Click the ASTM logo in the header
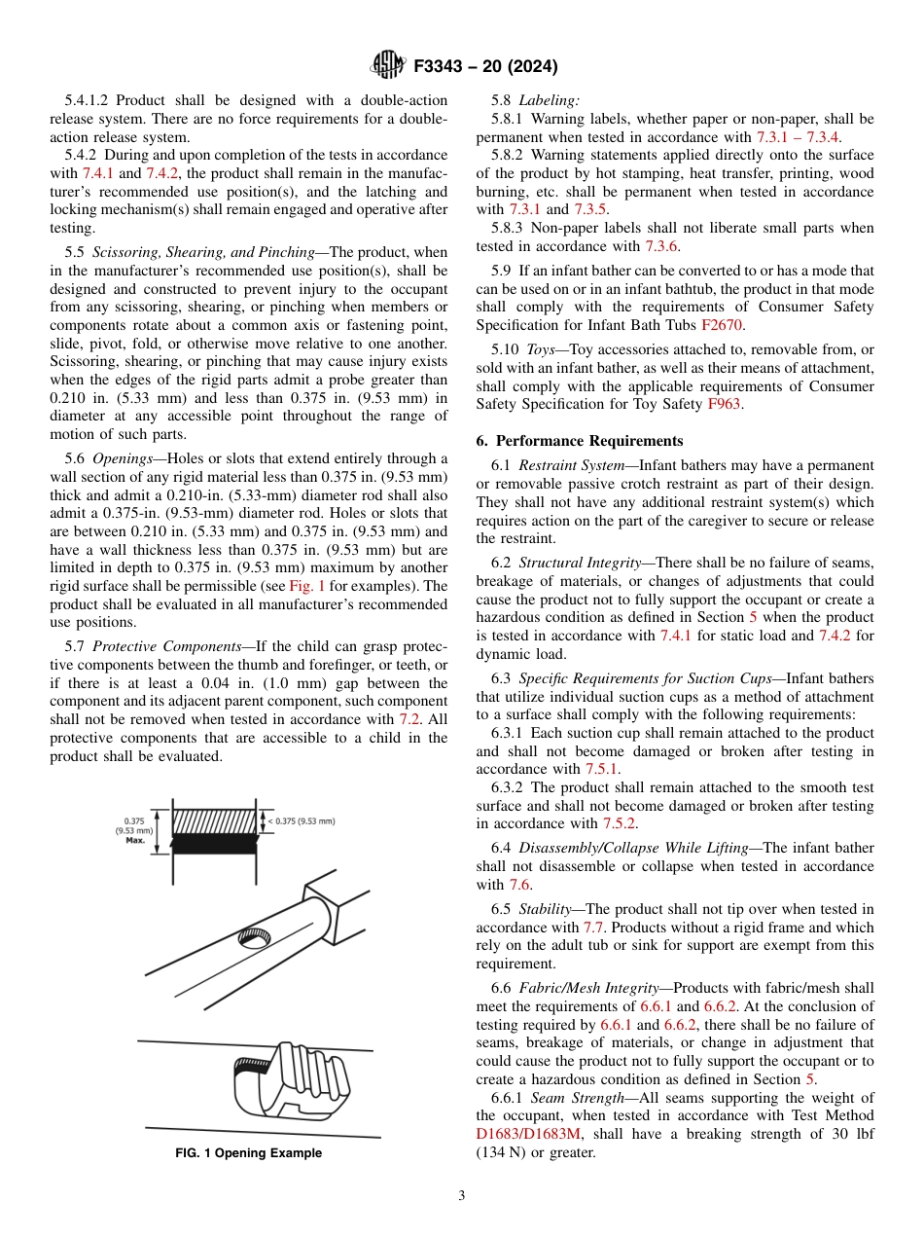(389, 66)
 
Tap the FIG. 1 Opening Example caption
(248, 1153)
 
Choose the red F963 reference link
(725, 404)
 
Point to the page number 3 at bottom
(461, 1196)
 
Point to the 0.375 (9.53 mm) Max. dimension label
(134, 829)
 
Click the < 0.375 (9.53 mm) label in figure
(302, 821)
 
